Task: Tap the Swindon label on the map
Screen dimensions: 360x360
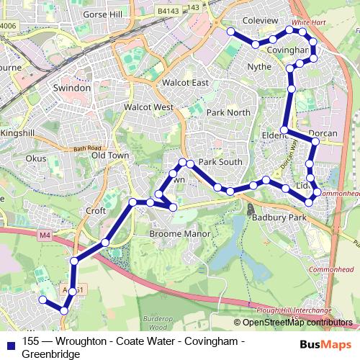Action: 71,87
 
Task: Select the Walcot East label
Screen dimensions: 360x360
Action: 186,83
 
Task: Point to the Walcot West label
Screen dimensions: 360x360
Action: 149,107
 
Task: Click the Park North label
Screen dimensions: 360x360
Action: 228,113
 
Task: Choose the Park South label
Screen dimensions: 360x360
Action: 220,162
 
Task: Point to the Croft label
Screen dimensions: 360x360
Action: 96,211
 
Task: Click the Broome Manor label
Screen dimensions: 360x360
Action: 179,234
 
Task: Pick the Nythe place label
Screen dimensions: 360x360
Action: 259,67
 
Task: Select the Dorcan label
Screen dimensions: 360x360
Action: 322,134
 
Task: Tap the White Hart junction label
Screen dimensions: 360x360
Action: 310,23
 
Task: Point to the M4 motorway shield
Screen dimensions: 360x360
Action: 45,235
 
